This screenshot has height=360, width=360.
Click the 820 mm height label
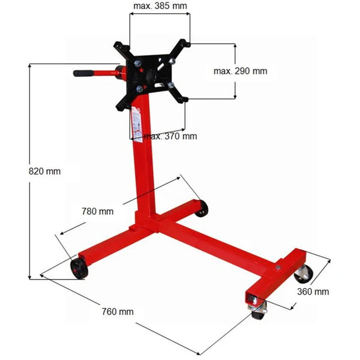[45, 171]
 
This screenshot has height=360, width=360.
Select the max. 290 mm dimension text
[240, 71]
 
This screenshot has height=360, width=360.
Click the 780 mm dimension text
[97, 211]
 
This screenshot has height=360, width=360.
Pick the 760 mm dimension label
[118, 311]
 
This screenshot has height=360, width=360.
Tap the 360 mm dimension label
[313, 292]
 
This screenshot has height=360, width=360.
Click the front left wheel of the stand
[78, 269]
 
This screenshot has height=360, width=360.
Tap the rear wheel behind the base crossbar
[202, 209]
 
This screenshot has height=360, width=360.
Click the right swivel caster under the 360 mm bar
[302, 273]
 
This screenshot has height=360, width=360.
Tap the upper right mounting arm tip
[187, 44]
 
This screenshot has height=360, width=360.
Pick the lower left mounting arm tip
[119, 106]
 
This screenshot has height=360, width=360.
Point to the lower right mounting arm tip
[184, 99]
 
